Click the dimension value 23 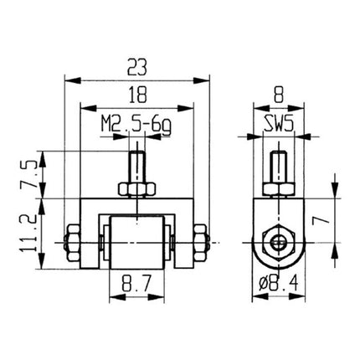tap(137, 66)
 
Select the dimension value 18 tap(137, 93)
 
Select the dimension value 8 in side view tap(278, 93)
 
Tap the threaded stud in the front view tap(136, 164)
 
